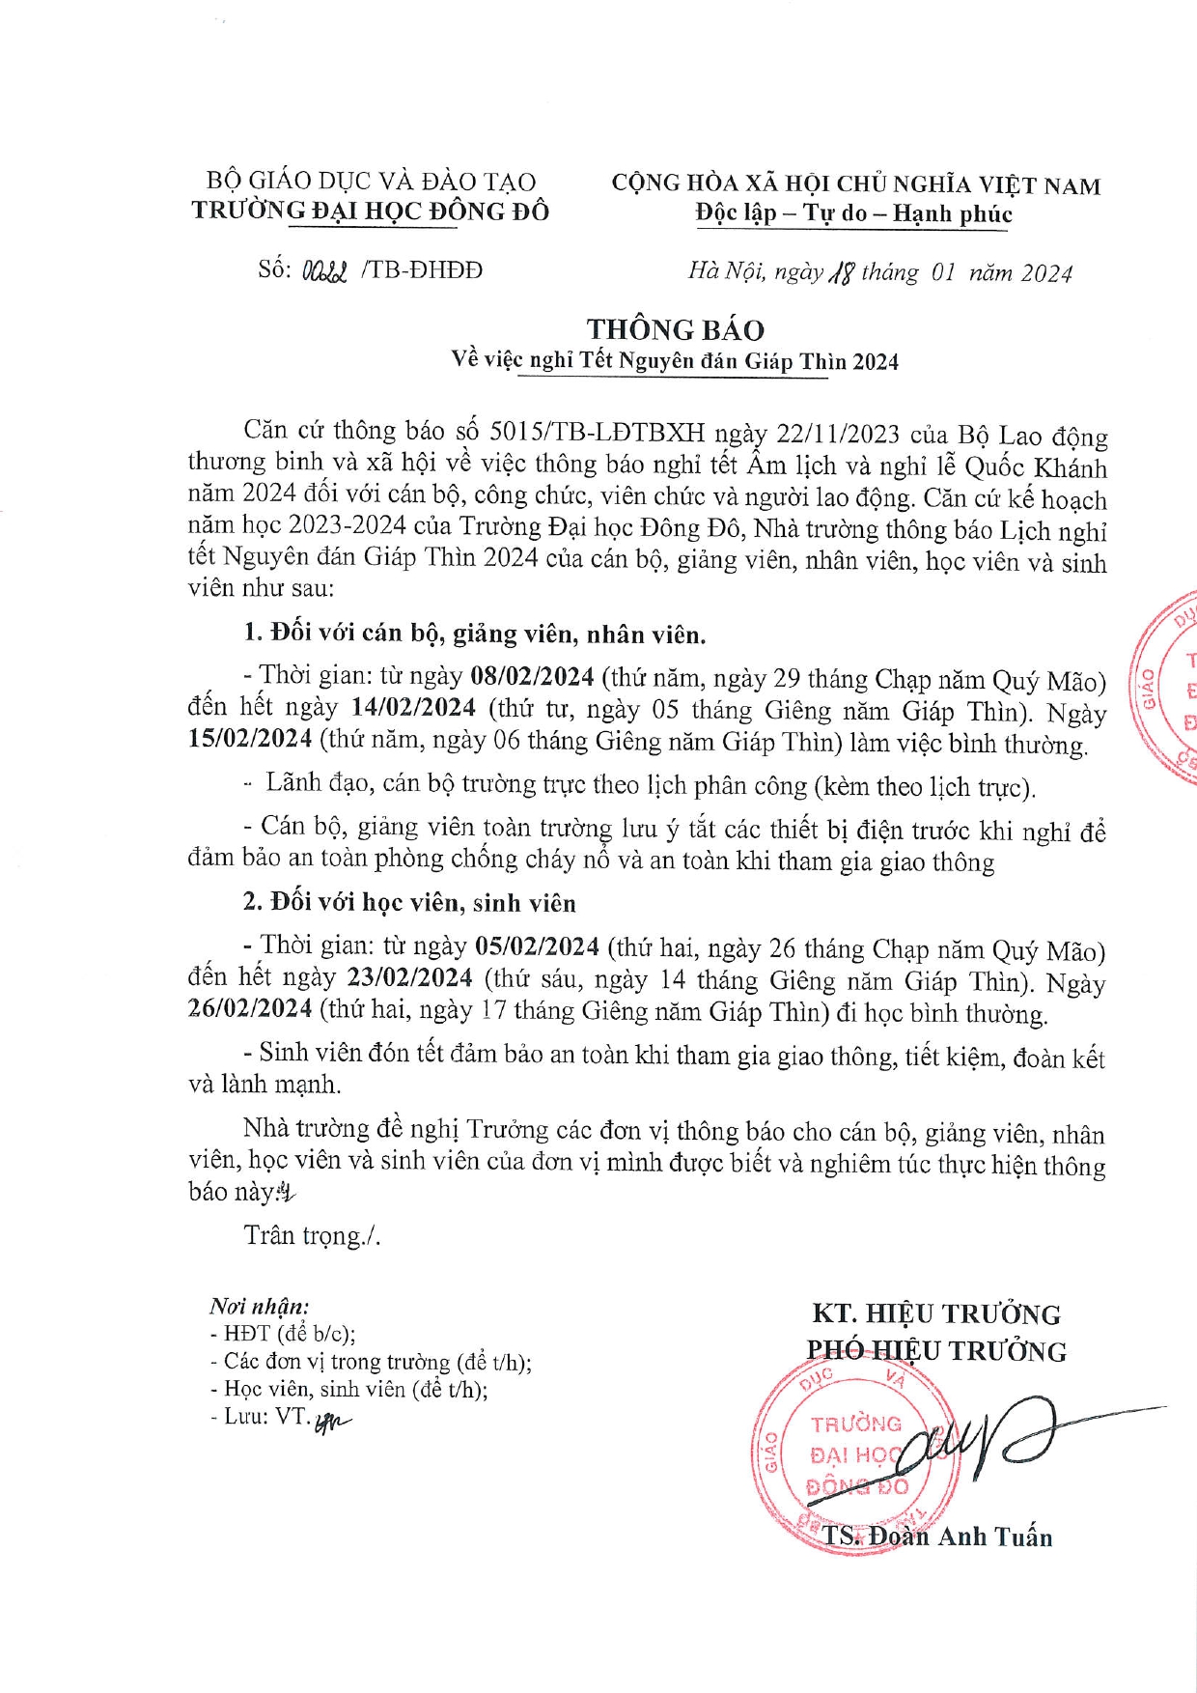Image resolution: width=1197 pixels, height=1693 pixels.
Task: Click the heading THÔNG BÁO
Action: (675, 330)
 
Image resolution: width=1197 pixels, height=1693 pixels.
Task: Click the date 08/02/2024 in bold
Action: (531, 676)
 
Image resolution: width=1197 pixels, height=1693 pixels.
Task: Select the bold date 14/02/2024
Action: (413, 708)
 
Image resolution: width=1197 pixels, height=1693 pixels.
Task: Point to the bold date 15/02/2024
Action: (250, 740)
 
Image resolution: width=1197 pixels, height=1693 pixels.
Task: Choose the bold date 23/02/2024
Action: (410, 977)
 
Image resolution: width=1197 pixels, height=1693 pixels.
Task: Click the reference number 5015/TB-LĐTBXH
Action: (598, 432)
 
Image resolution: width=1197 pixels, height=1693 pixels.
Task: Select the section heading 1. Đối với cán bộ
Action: (474, 635)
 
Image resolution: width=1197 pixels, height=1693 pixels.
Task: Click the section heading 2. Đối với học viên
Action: (409, 903)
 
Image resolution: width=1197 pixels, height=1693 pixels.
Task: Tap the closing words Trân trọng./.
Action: (312, 1235)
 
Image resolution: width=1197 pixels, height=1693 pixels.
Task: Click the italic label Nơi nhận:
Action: (259, 1307)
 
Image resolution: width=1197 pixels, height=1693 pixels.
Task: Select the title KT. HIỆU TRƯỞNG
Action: (935, 1314)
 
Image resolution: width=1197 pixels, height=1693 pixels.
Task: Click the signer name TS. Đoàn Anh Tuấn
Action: (936, 1537)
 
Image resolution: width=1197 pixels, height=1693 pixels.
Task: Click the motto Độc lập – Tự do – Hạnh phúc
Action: (853, 213)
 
